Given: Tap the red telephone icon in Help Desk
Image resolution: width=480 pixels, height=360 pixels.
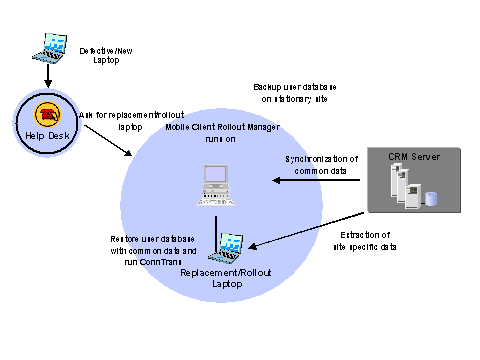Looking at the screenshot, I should (x=45, y=112).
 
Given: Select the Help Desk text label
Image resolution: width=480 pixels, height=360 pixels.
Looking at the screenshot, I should (x=44, y=134).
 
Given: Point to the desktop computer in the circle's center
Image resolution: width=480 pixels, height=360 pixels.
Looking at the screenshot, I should (x=216, y=186).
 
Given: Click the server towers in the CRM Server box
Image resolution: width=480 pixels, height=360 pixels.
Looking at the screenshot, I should (x=404, y=186).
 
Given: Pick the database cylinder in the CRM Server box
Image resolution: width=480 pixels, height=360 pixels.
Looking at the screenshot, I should (x=431, y=198).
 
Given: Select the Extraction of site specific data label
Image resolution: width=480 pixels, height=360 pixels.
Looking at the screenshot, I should (x=357, y=240).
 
